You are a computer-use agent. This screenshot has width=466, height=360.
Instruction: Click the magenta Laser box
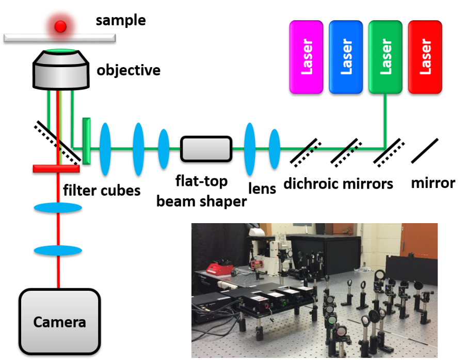307,57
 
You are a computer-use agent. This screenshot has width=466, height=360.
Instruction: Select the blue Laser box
346,57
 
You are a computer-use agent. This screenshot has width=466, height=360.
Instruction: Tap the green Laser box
385,57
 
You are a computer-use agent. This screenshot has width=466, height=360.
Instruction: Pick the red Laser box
425,57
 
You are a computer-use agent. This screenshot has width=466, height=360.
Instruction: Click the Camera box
59,322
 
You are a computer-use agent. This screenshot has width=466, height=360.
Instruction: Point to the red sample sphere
61,25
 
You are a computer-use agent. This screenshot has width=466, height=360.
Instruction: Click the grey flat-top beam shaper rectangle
206,149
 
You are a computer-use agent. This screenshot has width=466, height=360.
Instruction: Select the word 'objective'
128,70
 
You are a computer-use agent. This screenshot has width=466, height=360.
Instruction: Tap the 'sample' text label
121,21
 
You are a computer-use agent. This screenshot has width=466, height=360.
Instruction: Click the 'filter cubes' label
102,190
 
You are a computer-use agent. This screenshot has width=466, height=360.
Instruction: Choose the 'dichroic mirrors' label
338,183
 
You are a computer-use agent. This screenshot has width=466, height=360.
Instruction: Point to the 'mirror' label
433,182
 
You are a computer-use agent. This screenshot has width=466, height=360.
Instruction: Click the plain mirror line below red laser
425,150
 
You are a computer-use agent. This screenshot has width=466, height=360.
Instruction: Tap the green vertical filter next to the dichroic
86,142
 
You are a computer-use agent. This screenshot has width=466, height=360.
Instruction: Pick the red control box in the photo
219,269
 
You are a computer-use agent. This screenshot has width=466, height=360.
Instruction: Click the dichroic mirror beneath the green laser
385,151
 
